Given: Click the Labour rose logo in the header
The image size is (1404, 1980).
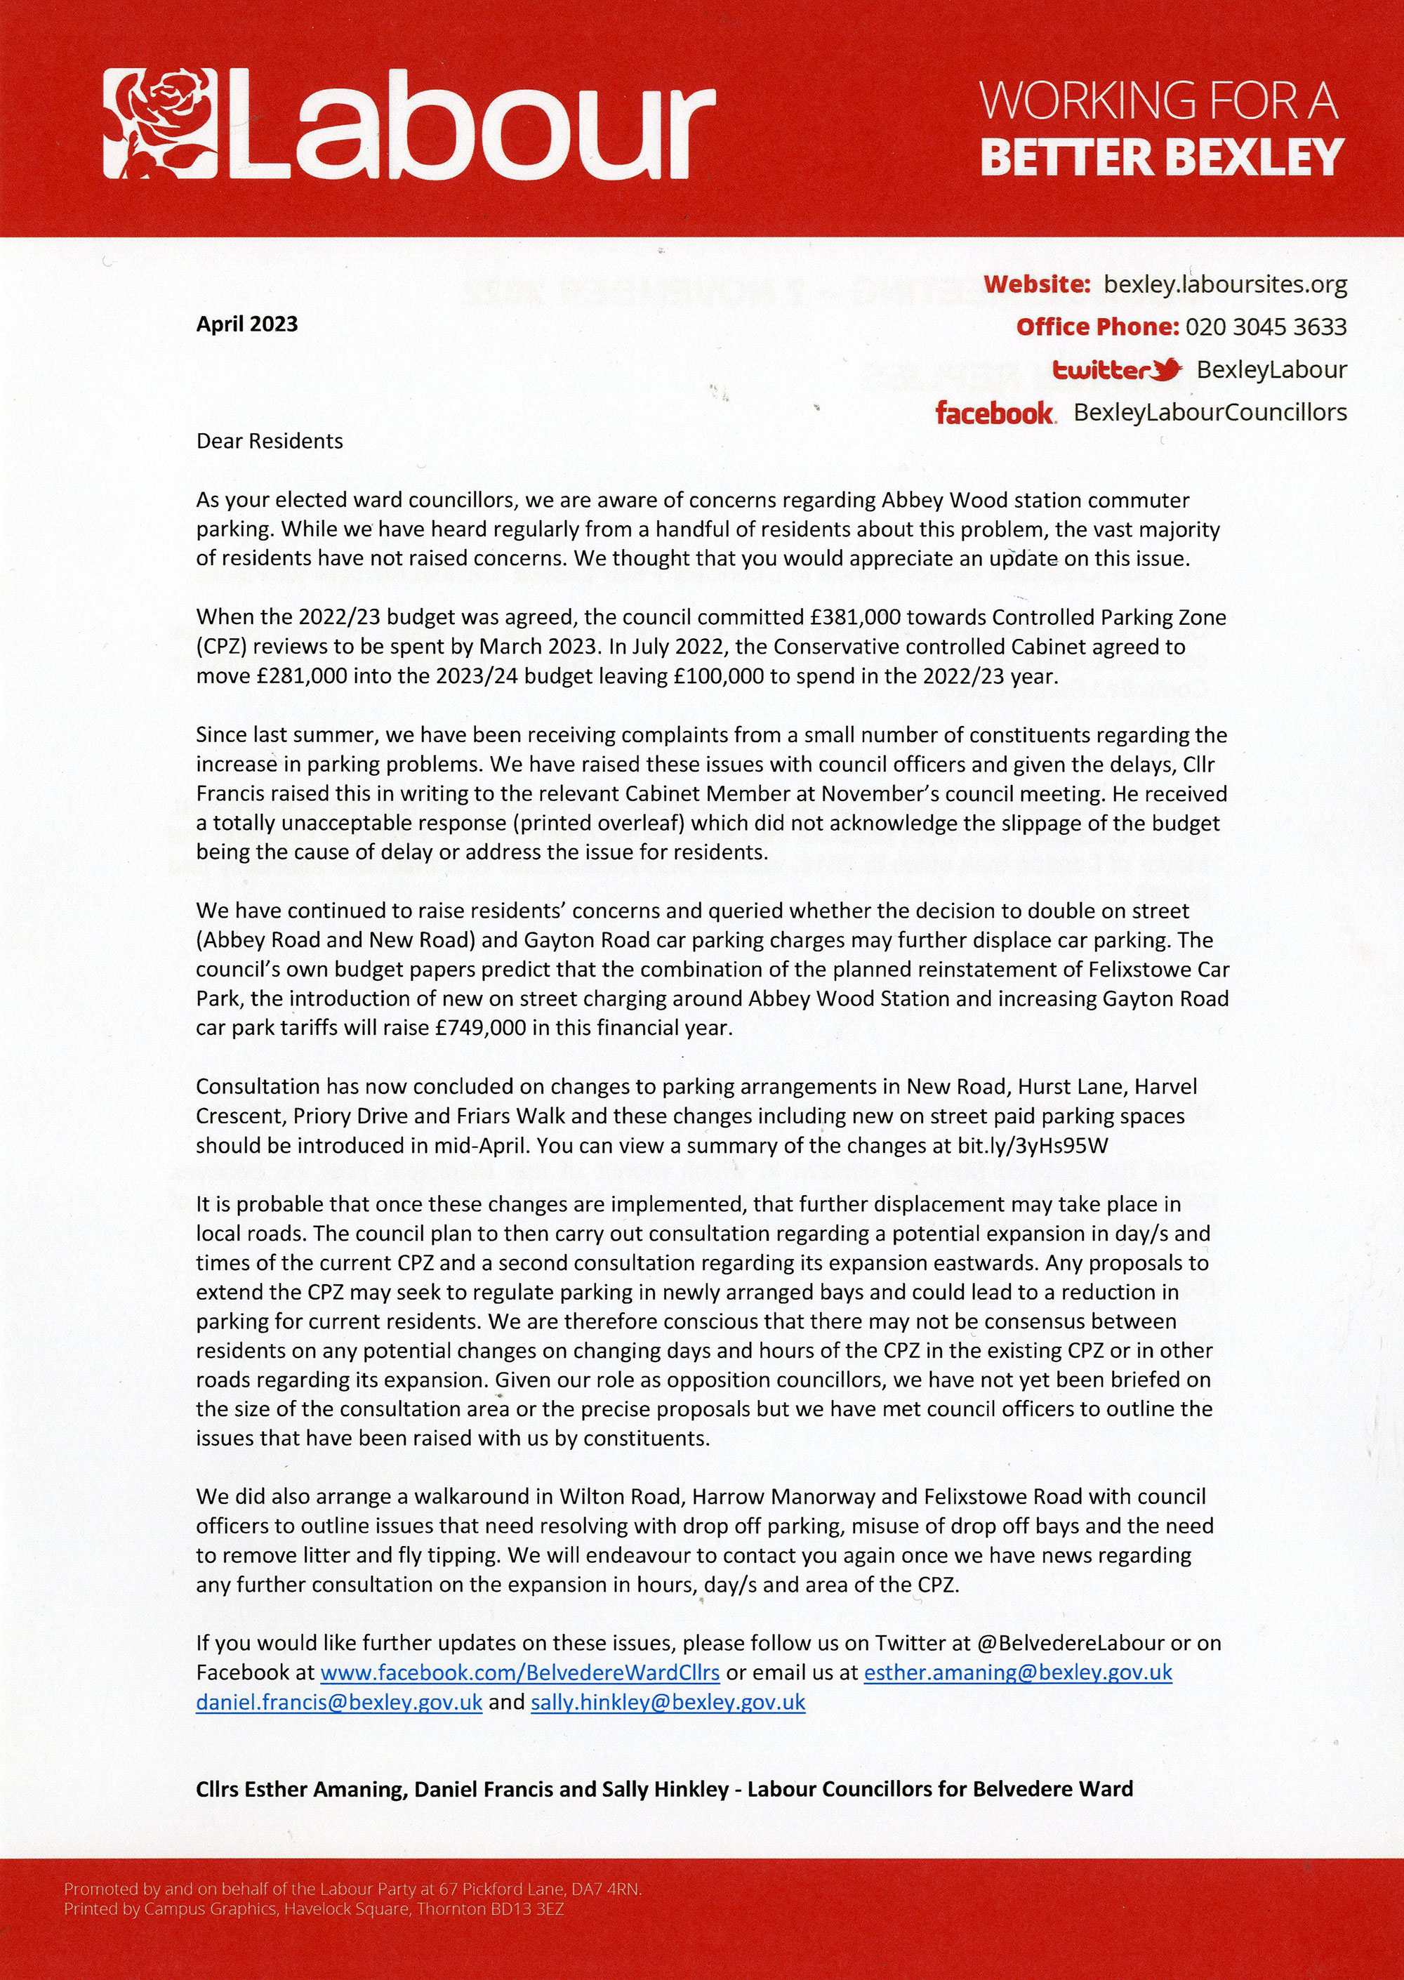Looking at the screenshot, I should [x=160, y=124].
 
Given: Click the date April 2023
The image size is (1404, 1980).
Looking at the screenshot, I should [x=246, y=324].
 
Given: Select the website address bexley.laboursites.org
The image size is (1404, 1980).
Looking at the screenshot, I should [x=1226, y=284].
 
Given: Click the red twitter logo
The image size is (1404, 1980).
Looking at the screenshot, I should [x=1117, y=370].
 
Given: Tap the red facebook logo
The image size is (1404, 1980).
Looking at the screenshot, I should [x=994, y=414].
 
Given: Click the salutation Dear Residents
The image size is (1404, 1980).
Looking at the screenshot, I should [x=270, y=441].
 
